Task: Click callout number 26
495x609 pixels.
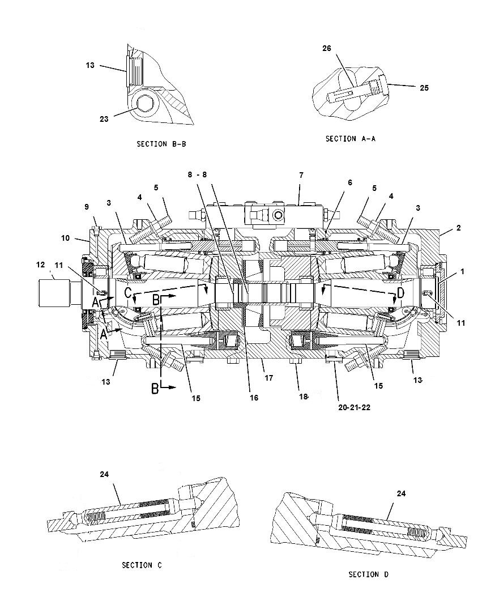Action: click(327, 49)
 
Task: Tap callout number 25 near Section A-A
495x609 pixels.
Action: click(424, 88)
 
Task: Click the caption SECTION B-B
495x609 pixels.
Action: click(161, 144)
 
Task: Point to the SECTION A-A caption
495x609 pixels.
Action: click(351, 138)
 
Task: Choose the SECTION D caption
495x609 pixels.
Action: click(368, 574)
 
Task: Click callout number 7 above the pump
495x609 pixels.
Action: click(301, 176)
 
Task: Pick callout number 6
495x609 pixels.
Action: click(350, 182)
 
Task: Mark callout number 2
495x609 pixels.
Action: click(459, 228)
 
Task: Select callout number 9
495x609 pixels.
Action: click(87, 206)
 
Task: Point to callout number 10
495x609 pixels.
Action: click(65, 238)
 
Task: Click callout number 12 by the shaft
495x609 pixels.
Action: click(40, 265)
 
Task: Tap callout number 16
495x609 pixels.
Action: click(254, 398)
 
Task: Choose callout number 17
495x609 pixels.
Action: click(269, 378)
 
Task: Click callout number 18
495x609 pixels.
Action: click(304, 397)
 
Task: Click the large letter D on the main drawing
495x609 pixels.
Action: click(401, 293)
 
